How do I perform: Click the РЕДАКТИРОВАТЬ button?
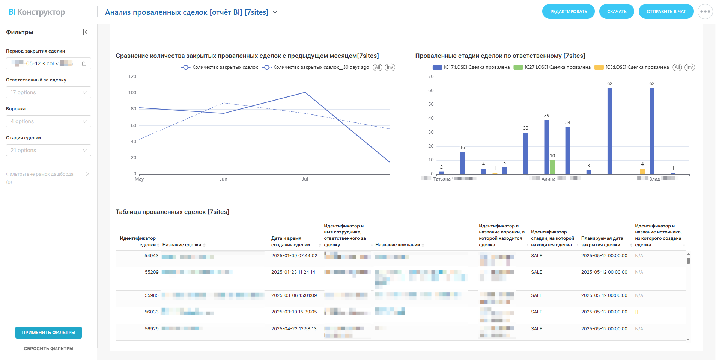pyautogui.click(x=568, y=12)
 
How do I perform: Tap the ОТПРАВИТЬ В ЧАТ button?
pyautogui.click(x=666, y=12)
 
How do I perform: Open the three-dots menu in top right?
pyautogui.click(x=705, y=12)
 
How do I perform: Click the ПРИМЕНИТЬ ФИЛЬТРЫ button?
pyautogui.click(x=48, y=333)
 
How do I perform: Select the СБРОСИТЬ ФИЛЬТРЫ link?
pyautogui.click(x=48, y=349)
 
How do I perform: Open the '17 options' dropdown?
pyautogui.click(x=48, y=92)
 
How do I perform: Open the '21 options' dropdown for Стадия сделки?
pyautogui.click(x=48, y=150)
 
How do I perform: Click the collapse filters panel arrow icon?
pyautogui.click(x=86, y=32)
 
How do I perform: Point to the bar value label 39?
pyautogui.click(x=546, y=116)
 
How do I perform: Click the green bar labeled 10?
pyautogui.click(x=552, y=167)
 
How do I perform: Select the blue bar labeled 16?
pyautogui.click(x=462, y=163)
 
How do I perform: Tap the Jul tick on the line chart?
pyautogui.click(x=305, y=179)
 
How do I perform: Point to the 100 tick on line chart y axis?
pyautogui.click(x=132, y=93)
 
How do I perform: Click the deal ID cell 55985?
pyautogui.click(x=152, y=295)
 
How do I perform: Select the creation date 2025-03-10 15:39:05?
pyautogui.click(x=294, y=312)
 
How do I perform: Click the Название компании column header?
pyautogui.click(x=397, y=245)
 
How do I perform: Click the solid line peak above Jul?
pyautogui.click(x=305, y=92)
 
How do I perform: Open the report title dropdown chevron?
pyautogui.click(x=275, y=12)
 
